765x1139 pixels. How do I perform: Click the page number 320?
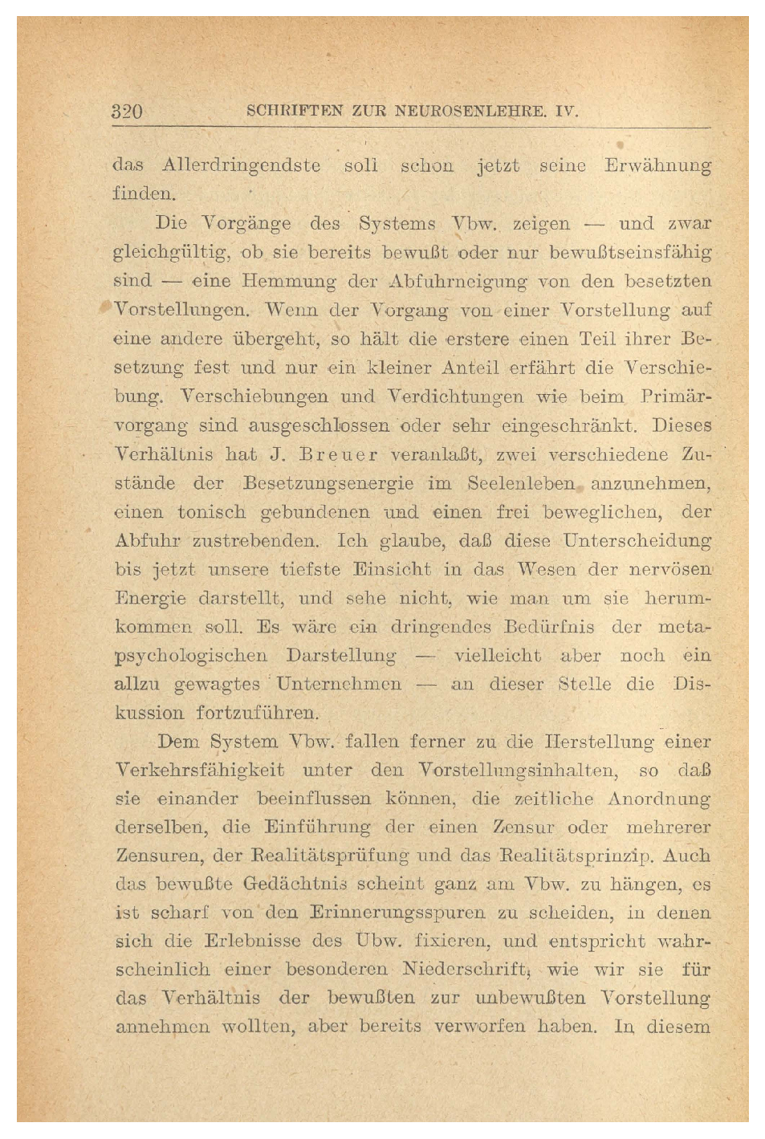click(127, 112)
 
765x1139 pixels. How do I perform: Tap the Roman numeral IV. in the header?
click(565, 112)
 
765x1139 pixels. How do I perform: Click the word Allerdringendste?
click(242, 166)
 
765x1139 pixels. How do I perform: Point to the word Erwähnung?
click(658, 166)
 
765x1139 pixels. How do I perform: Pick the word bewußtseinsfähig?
click(630, 253)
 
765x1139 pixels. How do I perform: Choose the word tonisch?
click(212, 512)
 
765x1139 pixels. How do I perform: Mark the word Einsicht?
click(392, 570)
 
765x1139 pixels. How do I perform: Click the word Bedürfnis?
click(549, 627)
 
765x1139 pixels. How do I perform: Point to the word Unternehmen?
click(340, 685)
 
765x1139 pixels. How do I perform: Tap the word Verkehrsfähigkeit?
click(201, 771)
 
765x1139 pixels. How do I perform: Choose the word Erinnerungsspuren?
click(397, 913)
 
